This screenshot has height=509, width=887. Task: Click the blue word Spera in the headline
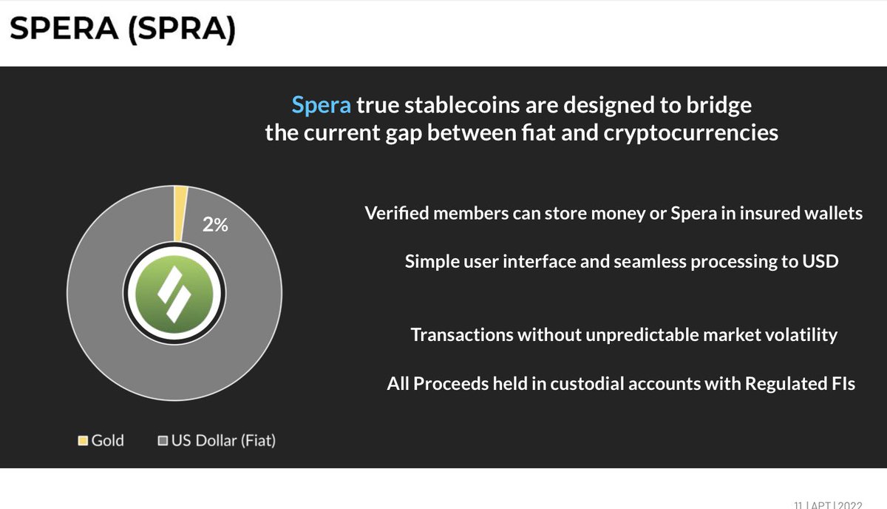tap(322, 106)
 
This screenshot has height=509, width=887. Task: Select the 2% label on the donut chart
tap(215, 225)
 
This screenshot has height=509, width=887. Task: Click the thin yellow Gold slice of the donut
tap(180, 213)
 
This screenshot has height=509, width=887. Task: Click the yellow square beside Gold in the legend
tap(83, 441)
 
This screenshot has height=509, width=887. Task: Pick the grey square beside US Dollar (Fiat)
tap(163, 441)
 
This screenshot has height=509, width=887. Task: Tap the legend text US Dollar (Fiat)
tap(223, 441)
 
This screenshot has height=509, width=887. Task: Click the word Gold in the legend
tap(107, 441)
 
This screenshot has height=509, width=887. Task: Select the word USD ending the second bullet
tap(821, 262)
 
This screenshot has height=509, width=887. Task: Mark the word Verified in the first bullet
tap(396, 214)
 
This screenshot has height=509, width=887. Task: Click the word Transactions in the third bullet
tap(462, 335)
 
